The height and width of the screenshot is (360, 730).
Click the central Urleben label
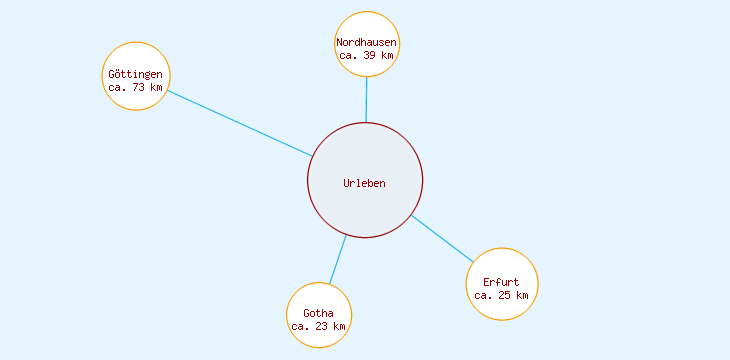click(x=364, y=183)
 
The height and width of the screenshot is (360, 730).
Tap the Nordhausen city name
click(x=366, y=43)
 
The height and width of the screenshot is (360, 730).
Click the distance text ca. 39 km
click(x=366, y=56)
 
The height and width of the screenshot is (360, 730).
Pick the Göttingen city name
click(x=135, y=74)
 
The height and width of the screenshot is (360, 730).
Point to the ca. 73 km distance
click(x=135, y=87)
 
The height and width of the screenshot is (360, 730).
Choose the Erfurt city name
click(x=501, y=282)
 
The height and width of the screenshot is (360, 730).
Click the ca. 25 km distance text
click(x=501, y=295)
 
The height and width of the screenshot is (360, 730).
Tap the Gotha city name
click(x=318, y=314)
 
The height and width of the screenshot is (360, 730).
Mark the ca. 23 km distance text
click(x=318, y=327)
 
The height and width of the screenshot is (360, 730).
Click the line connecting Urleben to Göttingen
click(x=240, y=123)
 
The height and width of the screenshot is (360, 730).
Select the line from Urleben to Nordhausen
click(x=366, y=100)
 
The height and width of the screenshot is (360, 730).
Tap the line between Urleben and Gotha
click(x=338, y=260)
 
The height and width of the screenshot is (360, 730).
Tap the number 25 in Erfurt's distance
click(x=505, y=295)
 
